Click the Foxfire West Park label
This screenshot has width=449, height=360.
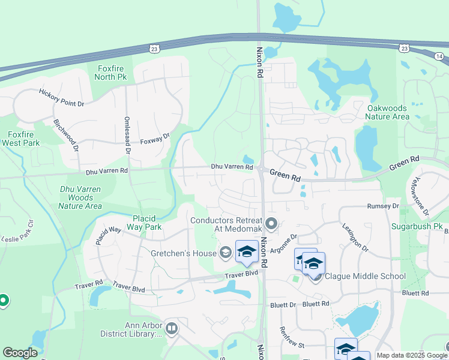tap(23, 139)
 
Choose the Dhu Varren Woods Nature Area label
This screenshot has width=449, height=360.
tap(80, 197)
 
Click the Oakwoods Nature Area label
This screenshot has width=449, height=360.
tap(388, 112)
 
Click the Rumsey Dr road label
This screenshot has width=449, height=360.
tap(383, 206)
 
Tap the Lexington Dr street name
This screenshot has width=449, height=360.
tap(354, 238)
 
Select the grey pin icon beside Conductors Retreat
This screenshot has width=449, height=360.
tap(271, 224)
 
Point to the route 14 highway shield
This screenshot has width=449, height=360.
tap(440, 56)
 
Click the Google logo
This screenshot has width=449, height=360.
tap(20, 353)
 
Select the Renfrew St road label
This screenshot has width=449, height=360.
tap(293, 345)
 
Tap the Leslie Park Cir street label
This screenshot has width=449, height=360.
tap(18, 229)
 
